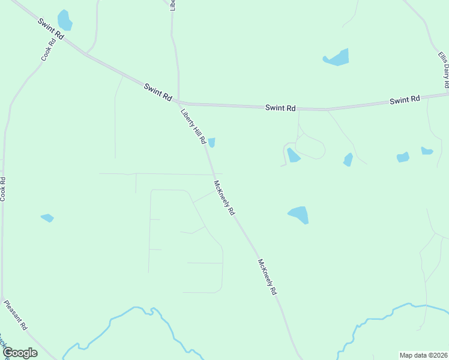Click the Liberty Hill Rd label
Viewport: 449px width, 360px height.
coord(194,127)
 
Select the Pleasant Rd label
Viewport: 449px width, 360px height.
coord(16,316)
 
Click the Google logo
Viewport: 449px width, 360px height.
coord(20,353)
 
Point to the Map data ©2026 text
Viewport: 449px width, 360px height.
coord(423,355)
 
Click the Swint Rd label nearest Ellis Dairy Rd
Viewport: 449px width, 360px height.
coord(405,100)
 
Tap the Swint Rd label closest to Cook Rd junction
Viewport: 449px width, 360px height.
coord(50,29)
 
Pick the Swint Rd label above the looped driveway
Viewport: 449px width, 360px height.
coord(281,108)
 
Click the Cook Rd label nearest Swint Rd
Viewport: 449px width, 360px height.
coord(48,50)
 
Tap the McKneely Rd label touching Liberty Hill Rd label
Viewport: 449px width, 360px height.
coord(224,198)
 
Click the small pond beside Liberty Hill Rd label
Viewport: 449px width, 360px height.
coord(211,142)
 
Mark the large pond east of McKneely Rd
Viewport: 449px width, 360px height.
coord(298,214)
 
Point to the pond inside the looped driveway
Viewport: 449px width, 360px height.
coord(293,155)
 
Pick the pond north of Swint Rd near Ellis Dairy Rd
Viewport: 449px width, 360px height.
coord(337,58)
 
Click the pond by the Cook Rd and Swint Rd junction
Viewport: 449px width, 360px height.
coord(64,20)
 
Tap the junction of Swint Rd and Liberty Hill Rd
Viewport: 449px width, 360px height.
coord(179,102)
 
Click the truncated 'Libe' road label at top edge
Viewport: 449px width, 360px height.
coord(173,5)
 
